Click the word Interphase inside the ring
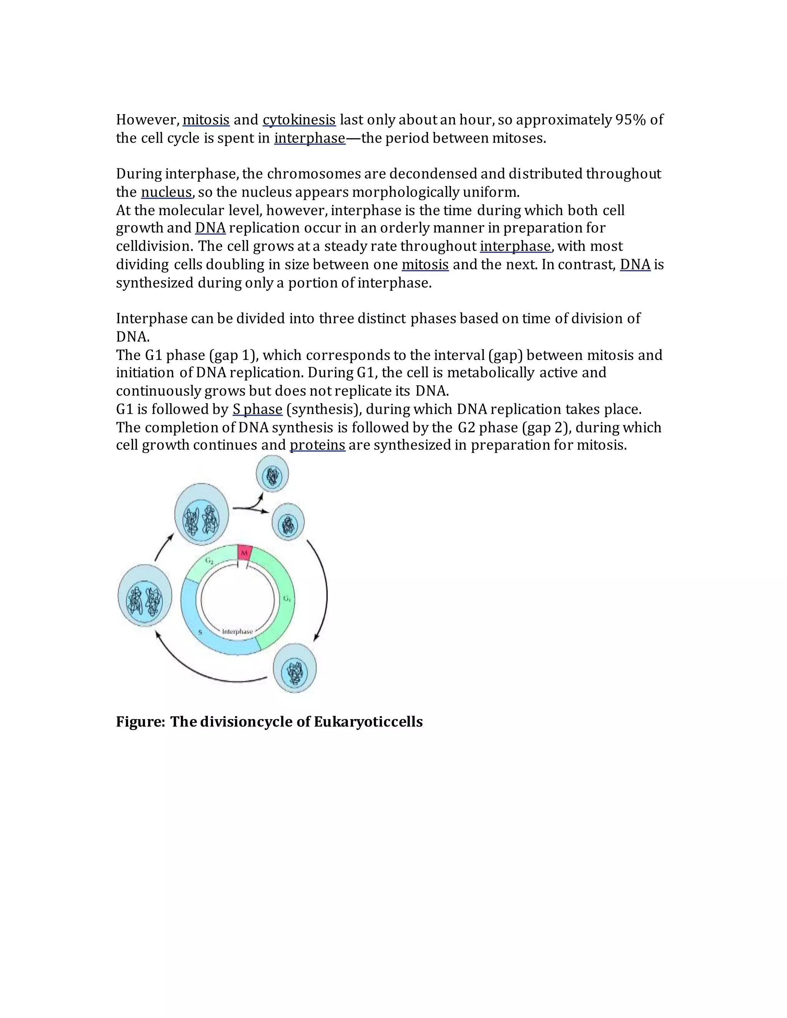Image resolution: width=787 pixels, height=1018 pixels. click(x=237, y=632)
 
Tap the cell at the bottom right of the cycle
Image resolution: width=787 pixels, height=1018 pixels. click(x=295, y=668)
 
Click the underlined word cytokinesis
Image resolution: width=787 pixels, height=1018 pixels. click(x=299, y=120)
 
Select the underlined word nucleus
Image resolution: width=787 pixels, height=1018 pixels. click(x=166, y=192)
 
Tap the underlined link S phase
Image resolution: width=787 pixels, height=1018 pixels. click(x=257, y=409)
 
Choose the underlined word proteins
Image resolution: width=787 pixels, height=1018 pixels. click(x=317, y=445)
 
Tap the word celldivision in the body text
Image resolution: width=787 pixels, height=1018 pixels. click(x=154, y=246)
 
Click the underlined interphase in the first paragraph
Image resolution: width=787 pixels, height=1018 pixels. click(x=310, y=138)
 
